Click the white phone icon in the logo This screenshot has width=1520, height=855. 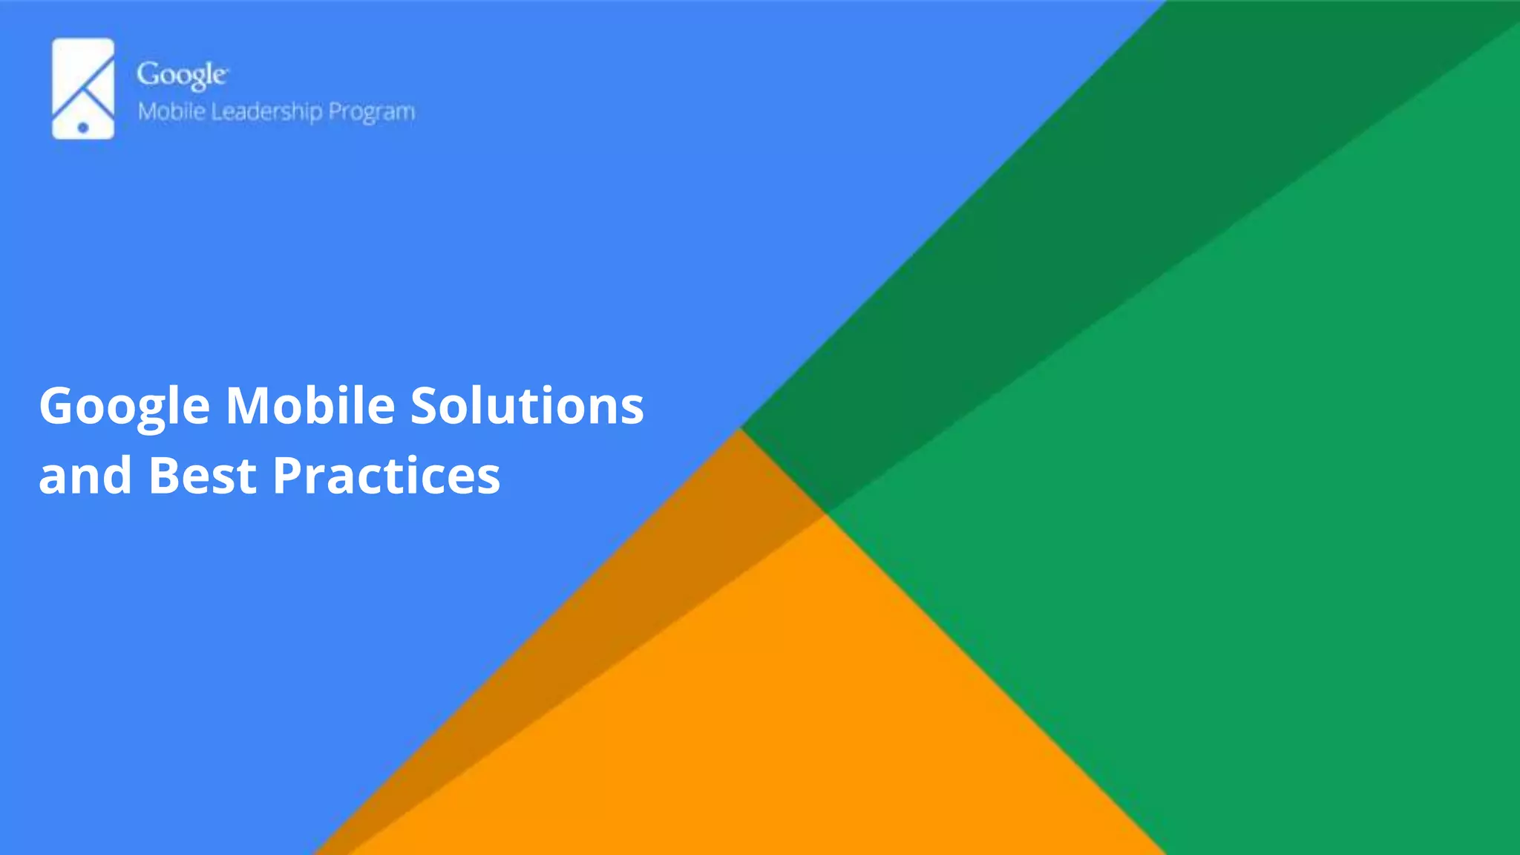click(x=82, y=88)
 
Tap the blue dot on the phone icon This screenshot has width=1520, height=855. click(x=83, y=128)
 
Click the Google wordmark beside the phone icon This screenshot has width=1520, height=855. click(x=182, y=76)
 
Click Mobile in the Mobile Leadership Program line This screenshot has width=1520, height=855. click(x=171, y=111)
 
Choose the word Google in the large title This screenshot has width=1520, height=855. click(x=125, y=407)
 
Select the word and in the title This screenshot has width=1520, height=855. click(x=85, y=475)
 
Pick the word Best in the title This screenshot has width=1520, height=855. click(x=202, y=475)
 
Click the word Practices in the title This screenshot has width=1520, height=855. click(x=386, y=475)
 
